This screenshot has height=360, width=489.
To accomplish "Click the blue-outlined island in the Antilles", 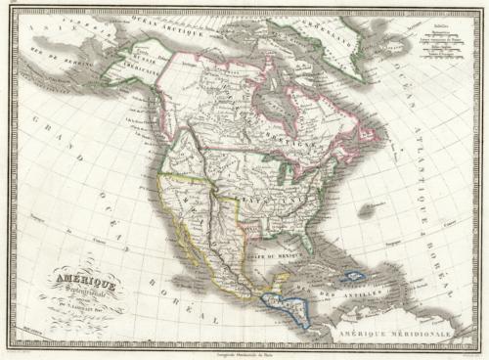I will coord(353,277).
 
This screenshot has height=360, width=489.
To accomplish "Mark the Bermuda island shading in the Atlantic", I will coord(368,209).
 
